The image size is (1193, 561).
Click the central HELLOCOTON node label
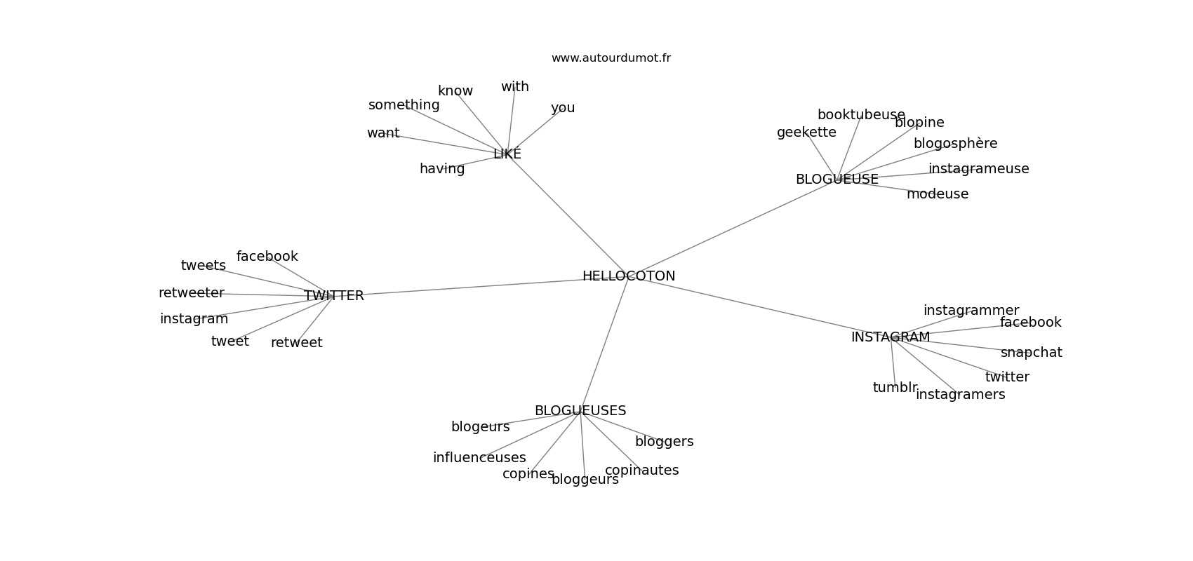coord(629,276)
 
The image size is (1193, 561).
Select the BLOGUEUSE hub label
coord(837,180)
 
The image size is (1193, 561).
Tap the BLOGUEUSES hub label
coord(580,411)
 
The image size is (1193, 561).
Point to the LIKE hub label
coord(507,154)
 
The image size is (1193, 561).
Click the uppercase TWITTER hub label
coord(334,296)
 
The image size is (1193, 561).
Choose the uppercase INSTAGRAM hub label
coord(891,337)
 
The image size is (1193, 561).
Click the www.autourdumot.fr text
coord(611,58)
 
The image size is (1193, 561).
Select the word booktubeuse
coord(861,115)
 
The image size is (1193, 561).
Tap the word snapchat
coord(1031,353)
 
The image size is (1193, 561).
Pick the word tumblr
coord(895,388)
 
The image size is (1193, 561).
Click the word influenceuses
coord(479,458)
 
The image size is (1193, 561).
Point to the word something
coord(404,105)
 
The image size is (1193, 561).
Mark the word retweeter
coord(191,293)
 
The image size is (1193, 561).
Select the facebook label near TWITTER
coord(267,257)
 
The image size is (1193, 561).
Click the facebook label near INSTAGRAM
coord(1031,323)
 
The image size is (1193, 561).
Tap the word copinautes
coord(642,471)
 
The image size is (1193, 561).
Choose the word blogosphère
coord(956,144)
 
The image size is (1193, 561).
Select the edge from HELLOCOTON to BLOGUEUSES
coord(604,344)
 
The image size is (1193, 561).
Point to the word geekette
coord(806,133)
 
